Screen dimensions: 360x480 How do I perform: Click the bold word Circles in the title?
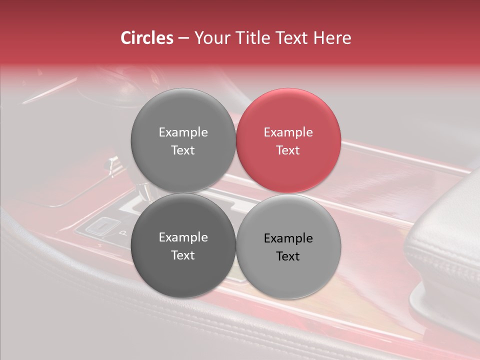pos(146,38)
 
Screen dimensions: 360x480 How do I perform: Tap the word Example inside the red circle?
pos(288,132)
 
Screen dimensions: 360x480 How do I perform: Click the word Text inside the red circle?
pos(288,150)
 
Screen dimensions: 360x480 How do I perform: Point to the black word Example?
pos(288,238)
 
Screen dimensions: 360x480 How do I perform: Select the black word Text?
pos(288,256)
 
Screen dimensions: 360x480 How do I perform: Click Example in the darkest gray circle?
pos(183,237)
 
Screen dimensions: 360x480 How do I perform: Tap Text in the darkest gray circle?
pos(183,255)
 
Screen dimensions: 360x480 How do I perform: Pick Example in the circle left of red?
pos(183,132)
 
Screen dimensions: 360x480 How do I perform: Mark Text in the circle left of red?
pos(183,150)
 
